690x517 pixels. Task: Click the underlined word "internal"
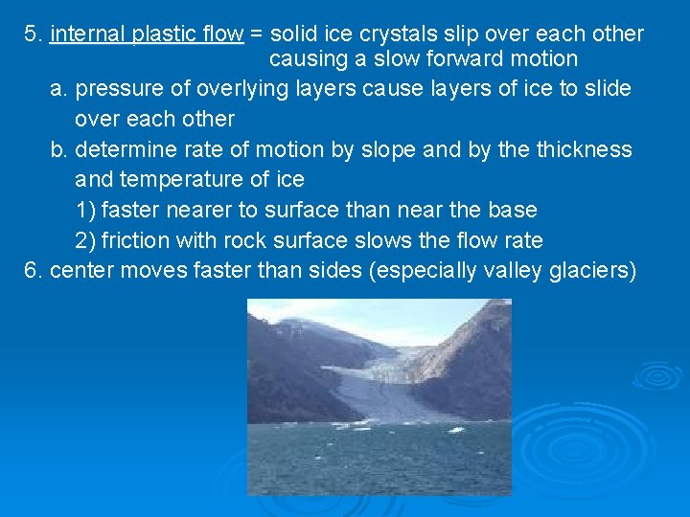[x=83, y=34]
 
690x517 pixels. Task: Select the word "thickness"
[x=585, y=149]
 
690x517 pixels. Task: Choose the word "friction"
[x=137, y=239]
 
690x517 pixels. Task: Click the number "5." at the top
[x=34, y=34]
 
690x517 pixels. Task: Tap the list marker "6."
[x=34, y=270]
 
